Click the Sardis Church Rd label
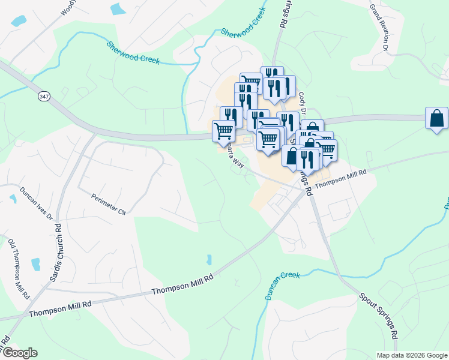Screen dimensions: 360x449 tap(59, 250)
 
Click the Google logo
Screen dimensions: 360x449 tap(19, 353)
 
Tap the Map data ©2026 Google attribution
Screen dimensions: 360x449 tap(412, 355)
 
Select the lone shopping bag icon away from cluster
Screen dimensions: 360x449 tap(436, 119)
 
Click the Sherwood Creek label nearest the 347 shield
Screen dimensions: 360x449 tap(132, 53)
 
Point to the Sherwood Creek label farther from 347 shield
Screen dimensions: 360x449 tap(243, 23)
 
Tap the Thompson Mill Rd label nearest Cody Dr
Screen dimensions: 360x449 tap(340, 179)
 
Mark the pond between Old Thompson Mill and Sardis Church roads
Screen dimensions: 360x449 tap(35, 263)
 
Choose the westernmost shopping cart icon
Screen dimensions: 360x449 tap(223, 130)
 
